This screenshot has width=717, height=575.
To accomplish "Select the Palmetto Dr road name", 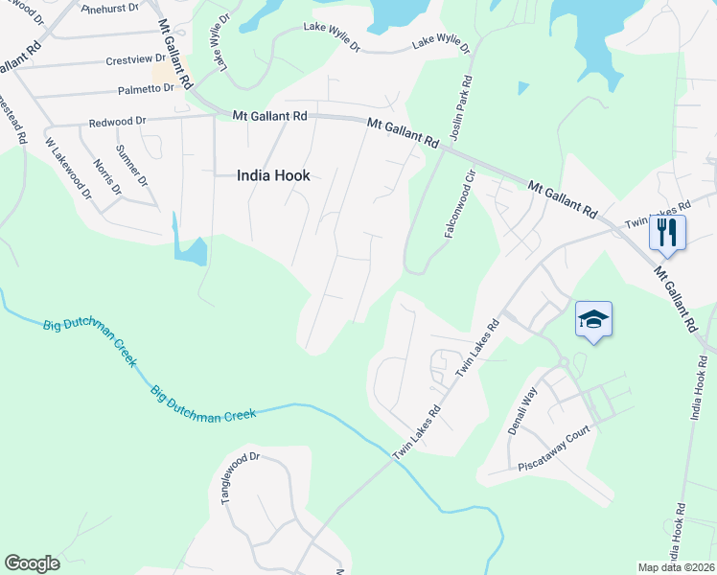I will tap(149, 88).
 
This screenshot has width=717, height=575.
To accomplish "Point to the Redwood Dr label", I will tap(117, 122).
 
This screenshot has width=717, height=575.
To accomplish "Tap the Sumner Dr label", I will tap(132, 166).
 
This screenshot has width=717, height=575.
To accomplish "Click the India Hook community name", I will tap(273, 174).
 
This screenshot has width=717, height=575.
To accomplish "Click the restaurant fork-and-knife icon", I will tap(667, 232).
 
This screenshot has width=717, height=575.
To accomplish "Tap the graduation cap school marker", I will tap(593, 319).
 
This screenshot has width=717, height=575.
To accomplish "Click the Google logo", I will tap(32, 563).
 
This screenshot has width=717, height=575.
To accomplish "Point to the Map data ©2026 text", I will tap(677, 567).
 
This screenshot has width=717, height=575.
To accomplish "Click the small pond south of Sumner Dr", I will tap(190, 251).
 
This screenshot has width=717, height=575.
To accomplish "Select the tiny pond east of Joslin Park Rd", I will tap(522, 88).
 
